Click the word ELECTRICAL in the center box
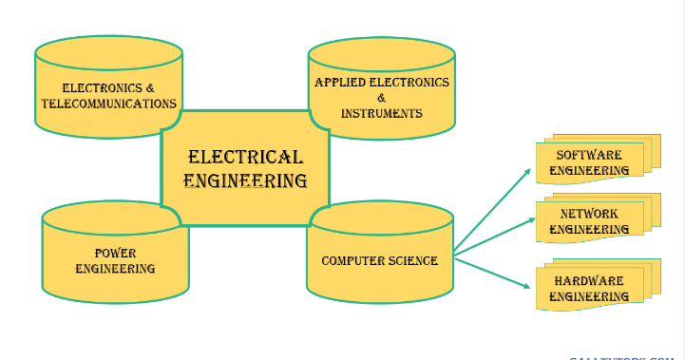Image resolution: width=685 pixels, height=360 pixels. point(245,157)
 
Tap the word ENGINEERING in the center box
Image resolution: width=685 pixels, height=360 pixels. point(245,180)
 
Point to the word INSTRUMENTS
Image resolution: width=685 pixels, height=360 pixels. point(381,113)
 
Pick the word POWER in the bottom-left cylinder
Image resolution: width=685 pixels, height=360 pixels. point(115,253)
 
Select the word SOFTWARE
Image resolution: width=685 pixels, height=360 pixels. point(589,155)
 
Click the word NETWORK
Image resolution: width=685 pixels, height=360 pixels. point(589,214)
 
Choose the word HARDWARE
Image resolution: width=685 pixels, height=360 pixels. point(589,281)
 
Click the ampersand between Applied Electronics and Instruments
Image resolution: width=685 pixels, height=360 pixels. point(381,98)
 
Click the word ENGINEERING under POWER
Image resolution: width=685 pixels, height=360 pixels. point(115,269)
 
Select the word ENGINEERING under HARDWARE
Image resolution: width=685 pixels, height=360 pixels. point(589,296)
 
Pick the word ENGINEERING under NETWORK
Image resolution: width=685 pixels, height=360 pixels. point(589,229)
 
